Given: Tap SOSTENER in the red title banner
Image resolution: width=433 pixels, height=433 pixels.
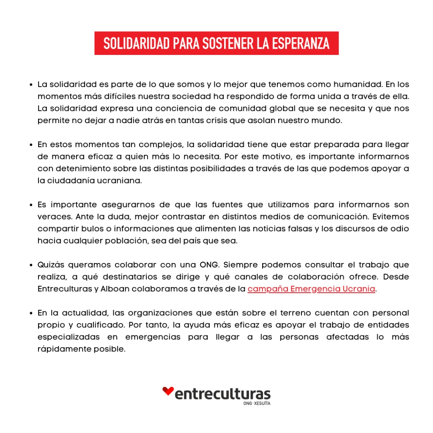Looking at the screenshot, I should click(228, 43).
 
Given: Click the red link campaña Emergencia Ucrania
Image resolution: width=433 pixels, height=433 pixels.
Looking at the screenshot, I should click(312, 289).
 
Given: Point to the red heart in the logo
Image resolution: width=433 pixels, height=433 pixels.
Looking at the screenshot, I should click(168, 391).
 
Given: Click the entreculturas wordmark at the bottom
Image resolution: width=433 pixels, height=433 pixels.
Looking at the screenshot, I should click(222, 394).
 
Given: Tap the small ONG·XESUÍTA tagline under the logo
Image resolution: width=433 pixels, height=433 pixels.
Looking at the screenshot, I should click(257, 403).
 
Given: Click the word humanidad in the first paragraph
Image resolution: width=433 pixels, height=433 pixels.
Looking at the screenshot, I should click(360, 84).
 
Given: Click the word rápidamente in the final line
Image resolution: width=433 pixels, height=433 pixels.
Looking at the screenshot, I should click(63, 349).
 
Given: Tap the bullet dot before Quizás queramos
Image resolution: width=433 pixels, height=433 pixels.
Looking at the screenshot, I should click(31, 266).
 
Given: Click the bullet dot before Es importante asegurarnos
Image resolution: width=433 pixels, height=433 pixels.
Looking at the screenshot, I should click(31, 206).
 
